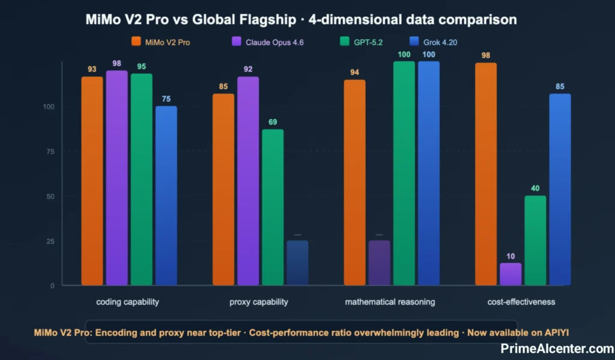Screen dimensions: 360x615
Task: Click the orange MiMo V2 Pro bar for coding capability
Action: (92, 180)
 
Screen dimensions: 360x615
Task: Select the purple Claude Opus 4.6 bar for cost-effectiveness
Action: (510, 274)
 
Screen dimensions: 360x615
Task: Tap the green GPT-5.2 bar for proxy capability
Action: (273, 207)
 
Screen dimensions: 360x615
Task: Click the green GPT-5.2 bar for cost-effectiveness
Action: (535, 240)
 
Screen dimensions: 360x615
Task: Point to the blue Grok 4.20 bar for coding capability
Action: (166, 195)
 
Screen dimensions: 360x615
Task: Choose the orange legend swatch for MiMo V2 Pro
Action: (136, 42)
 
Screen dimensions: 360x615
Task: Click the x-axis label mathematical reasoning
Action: (390, 302)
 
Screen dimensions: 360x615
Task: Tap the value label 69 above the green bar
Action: (273, 122)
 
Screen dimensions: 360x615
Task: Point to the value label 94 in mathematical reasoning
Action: (354, 73)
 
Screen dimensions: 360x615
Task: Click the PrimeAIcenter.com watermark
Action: (557, 348)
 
